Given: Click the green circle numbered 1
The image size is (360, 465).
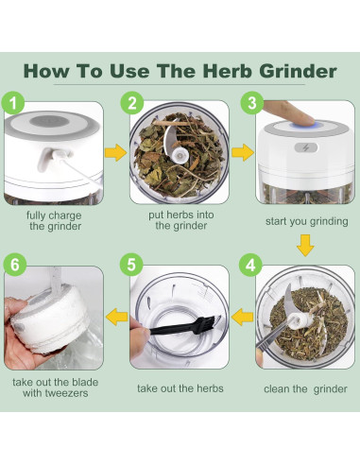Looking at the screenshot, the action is point(13,103).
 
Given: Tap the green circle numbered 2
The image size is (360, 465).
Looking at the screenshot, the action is point(132,103).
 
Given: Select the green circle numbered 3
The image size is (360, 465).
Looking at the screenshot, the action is point(252,103).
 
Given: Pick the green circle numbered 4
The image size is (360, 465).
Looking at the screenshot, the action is point(250,265).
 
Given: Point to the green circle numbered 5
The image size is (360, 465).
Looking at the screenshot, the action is point(131,265).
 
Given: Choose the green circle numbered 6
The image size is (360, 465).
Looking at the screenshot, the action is point(15,265).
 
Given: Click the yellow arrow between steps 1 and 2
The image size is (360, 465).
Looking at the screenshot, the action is point(115,153).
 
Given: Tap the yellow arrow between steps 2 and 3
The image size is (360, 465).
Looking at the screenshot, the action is point(243,152).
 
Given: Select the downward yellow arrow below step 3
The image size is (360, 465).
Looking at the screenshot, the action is point(305,245).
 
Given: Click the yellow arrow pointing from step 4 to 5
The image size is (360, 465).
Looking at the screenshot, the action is point(242,317).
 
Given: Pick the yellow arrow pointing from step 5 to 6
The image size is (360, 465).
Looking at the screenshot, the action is point(117,317).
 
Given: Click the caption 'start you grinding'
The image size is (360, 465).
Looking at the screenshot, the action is point(307,221).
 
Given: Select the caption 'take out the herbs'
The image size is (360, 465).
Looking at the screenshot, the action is point(180,388).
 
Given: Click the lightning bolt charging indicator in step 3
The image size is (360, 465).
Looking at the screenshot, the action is point(306,147).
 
